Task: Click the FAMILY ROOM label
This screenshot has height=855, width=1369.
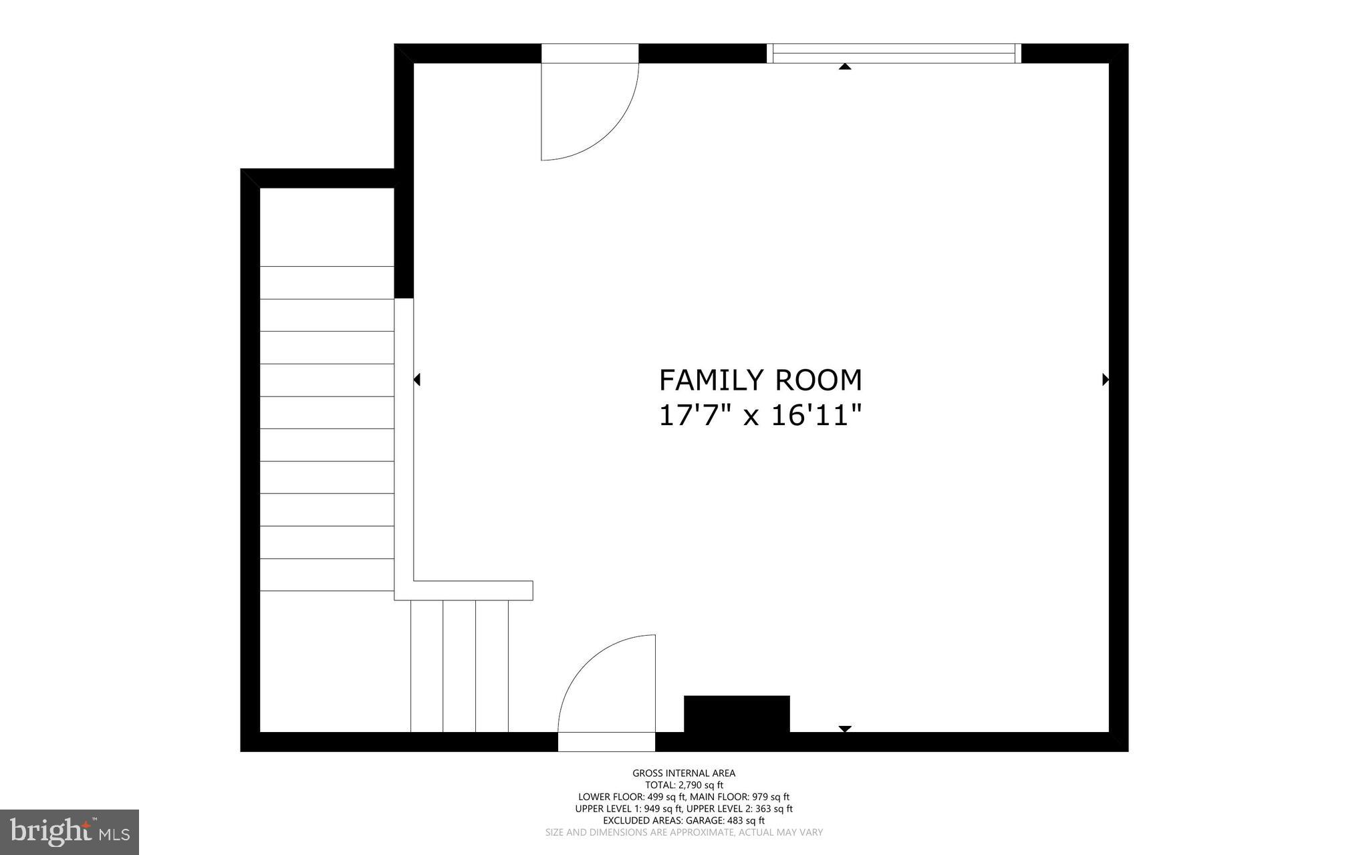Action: click(760, 380)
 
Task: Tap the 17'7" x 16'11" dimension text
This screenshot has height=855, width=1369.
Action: click(760, 416)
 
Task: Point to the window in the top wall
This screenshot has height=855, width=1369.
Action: click(894, 53)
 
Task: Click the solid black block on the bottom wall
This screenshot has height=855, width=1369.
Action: click(737, 714)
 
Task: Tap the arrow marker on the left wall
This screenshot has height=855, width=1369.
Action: click(417, 380)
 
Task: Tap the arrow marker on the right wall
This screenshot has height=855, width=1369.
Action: click(1105, 380)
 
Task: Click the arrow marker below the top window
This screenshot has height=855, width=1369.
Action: click(845, 66)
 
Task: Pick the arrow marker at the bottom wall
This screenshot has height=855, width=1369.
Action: click(845, 729)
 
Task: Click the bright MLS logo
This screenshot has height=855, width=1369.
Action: click(70, 832)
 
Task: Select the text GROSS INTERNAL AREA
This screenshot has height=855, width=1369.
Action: click(684, 773)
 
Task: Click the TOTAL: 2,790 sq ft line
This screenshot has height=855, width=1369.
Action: click(684, 785)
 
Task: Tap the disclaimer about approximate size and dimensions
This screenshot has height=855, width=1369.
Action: click(684, 832)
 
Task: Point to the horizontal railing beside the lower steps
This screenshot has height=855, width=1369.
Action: click(472, 591)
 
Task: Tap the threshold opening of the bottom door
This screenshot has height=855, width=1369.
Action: click(606, 742)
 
